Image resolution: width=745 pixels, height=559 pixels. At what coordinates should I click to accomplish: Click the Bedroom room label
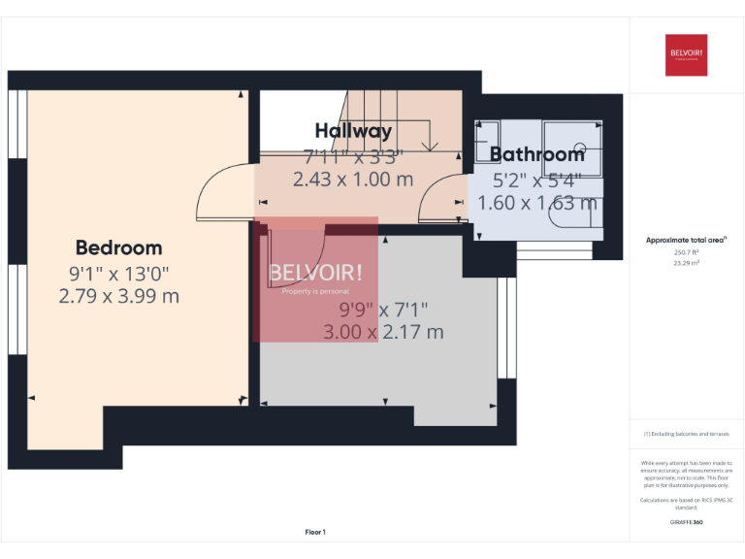(x=118, y=247)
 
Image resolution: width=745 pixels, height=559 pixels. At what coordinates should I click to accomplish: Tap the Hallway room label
(x=353, y=131)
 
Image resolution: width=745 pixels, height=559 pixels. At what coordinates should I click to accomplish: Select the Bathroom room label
(x=536, y=154)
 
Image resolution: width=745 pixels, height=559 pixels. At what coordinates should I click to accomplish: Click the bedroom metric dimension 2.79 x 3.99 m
(x=118, y=297)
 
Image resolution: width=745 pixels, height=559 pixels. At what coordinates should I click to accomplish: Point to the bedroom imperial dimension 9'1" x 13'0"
(x=118, y=273)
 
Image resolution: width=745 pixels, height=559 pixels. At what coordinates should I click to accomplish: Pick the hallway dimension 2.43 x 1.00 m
(x=353, y=180)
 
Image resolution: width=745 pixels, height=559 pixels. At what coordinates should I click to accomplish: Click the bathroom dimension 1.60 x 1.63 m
(x=536, y=203)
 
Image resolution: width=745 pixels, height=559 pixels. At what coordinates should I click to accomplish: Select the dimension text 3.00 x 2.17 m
(x=383, y=332)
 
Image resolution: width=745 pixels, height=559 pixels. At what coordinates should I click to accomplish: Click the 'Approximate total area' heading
(x=686, y=239)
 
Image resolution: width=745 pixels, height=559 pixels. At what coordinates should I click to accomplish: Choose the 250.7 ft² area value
(x=686, y=251)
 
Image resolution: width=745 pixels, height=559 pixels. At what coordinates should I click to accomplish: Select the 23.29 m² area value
(x=686, y=262)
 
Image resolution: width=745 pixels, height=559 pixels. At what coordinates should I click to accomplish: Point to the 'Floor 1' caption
(x=315, y=532)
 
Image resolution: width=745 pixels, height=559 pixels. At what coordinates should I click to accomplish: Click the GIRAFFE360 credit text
(x=686, y=522)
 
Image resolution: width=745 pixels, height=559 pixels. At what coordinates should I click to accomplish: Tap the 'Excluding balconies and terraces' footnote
(x=686, y=434)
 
